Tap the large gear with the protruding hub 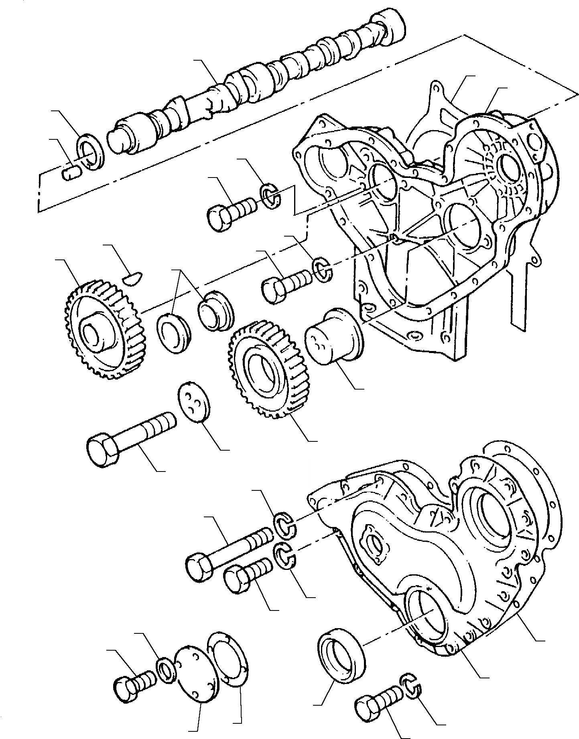pyautogui.click(x=102, y=329)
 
